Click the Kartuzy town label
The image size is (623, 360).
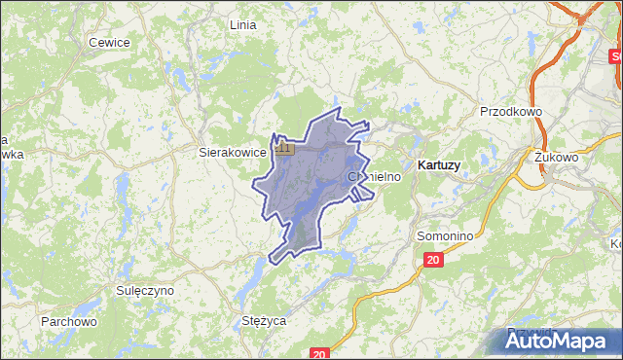point(438,165)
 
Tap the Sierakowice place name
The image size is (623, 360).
point(232,153)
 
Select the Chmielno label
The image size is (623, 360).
point(374,177)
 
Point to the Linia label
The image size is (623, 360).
point(241,24)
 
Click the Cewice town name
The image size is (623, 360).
point(108,42)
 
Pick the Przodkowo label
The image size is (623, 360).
point(510,112)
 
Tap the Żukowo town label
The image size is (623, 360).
point(556,156)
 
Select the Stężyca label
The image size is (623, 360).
point(263,319)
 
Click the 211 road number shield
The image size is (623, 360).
point(283,148)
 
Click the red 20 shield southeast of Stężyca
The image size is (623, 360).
point(319,353)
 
